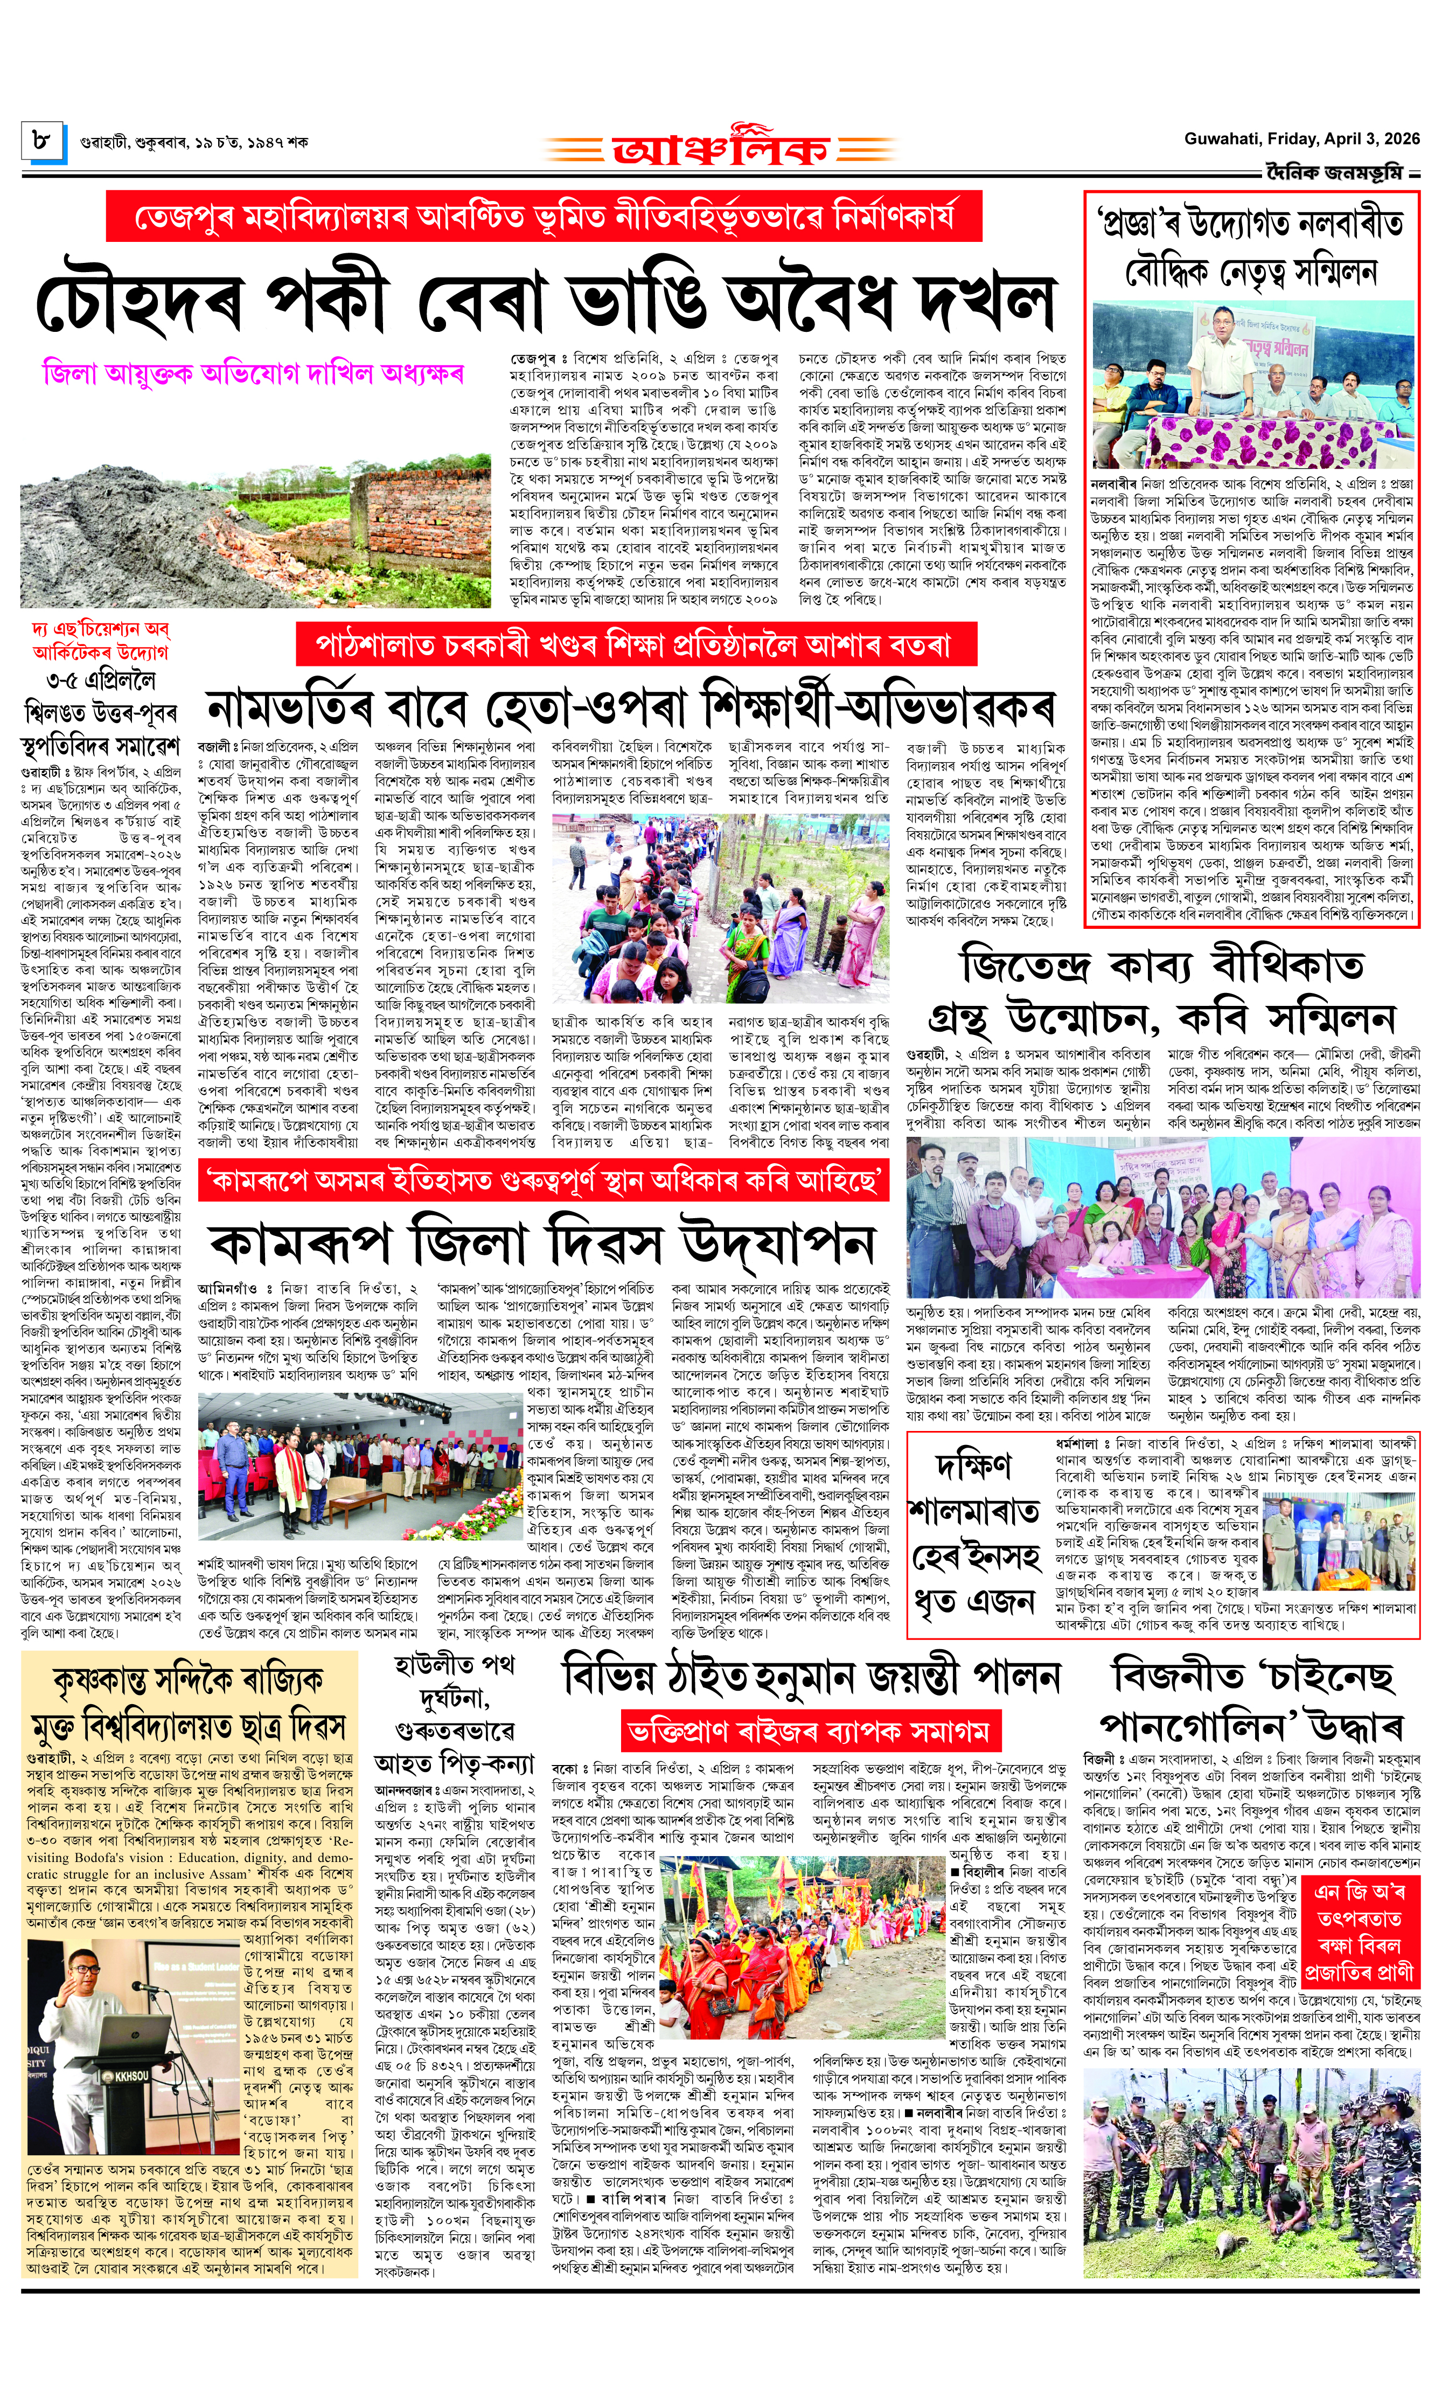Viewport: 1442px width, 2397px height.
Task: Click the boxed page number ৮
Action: [x=42, y=142]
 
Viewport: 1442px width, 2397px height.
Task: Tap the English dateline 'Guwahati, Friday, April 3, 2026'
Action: [x=1301, y=139]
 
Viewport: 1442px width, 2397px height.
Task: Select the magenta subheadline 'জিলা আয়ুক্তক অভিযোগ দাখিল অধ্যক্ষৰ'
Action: [x=253, y=374]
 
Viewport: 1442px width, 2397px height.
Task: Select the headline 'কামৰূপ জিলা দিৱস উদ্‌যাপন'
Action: [x=541, y=1243]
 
